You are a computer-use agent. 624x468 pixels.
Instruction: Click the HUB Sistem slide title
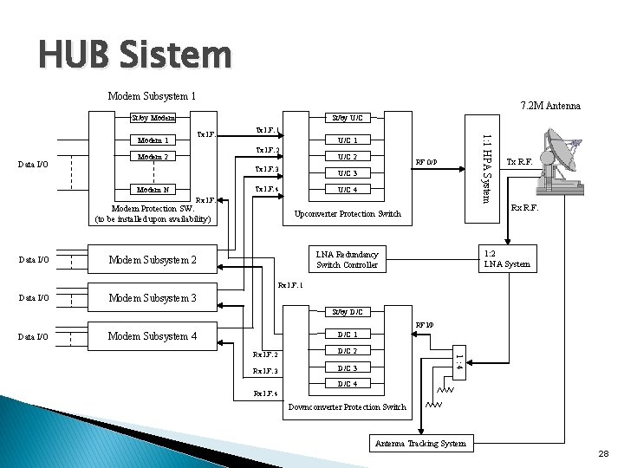[134, 55]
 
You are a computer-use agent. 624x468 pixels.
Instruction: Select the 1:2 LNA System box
[506, 258]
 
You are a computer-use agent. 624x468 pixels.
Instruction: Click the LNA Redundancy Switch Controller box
[348, 258]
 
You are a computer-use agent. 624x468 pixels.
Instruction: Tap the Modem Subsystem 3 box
[151, 298]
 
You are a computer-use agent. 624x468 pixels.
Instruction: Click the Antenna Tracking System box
[421, 444]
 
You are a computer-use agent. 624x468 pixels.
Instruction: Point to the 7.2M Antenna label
[549, 106]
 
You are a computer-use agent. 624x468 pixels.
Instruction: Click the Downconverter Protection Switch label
[347, 406]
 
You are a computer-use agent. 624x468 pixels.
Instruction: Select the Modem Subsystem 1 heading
[151, 96]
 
